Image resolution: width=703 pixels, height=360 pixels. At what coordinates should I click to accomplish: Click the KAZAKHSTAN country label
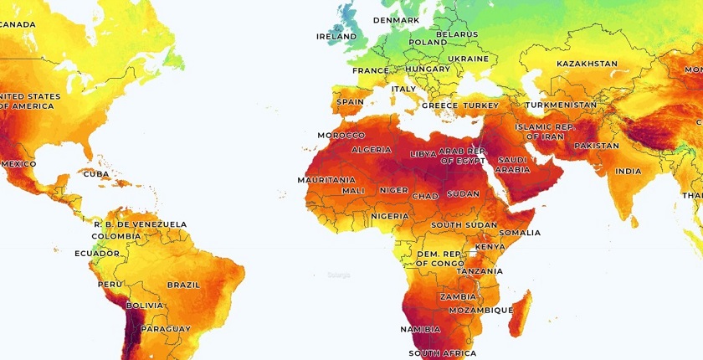pos(587,64)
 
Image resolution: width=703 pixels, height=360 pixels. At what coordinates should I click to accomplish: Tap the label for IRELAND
pos(336,37)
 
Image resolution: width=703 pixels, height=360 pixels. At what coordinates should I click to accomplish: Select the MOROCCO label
pos(341,135)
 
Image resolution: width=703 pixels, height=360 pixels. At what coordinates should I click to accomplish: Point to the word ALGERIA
pos(371,150)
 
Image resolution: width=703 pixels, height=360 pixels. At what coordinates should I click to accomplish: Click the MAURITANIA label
pos(326,180)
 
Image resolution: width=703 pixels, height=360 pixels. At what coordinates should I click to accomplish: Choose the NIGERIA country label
pos(389,216)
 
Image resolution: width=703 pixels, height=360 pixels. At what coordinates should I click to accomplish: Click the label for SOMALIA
pos(520,233)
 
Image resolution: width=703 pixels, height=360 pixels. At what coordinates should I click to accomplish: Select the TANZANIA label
pos(480,271)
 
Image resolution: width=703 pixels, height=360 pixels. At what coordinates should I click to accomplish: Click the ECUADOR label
pos(97,253)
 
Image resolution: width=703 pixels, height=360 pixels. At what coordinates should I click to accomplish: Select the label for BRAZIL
pos(183,285)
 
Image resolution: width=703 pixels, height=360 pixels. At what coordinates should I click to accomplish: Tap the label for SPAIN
pos(350,102)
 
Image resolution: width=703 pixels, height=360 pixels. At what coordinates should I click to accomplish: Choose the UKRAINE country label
pos(468,59)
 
